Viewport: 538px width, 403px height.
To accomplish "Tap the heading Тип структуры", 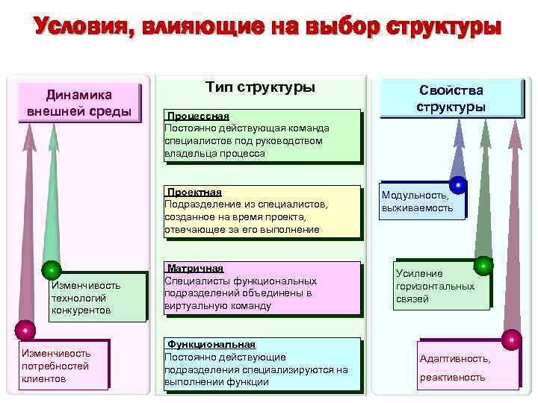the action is [x=260, y=87].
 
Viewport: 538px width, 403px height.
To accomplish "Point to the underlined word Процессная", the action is [x=199, y=117].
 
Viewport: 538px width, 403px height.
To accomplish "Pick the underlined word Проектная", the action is [x=195, y=192].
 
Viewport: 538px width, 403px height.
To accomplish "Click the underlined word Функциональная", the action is [x=211, y=345].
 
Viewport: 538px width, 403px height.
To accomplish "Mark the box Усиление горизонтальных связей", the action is [x=441, y=286].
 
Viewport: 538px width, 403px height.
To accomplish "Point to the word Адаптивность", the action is [x=455, y=359].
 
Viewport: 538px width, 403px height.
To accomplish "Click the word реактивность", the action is [x=452, y=377].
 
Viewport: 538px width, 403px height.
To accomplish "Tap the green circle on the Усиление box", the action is [x=483, y=265].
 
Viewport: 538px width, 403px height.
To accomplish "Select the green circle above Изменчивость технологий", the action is [x=51, y=269].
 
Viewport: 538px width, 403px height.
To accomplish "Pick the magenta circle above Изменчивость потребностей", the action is [x=25, y=329].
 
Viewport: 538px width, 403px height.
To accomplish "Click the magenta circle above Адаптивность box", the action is [x=511, y=340].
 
